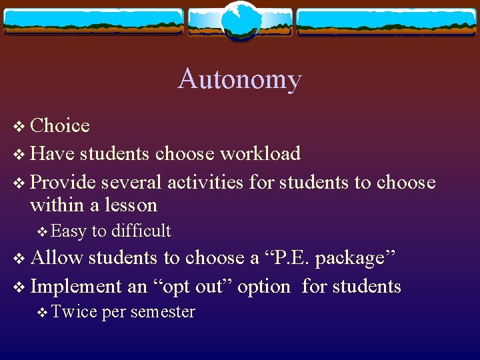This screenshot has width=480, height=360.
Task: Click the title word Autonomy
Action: [x=239, y=79]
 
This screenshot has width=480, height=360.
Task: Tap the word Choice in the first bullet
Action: [x=60, y=125]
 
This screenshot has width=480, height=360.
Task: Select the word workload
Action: [x=260, y=154]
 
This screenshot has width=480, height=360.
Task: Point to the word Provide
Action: [x=63, y=182]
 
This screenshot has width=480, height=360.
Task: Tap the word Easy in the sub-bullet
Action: [x=68, y=231]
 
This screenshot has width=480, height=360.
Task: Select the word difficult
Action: [x=141, y=231]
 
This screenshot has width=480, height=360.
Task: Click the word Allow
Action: [x=57, y=258]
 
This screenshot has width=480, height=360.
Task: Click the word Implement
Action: [x=76, y=287]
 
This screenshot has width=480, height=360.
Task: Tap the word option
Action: [x=264, y=287]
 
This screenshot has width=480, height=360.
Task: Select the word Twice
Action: [x=73, y=312]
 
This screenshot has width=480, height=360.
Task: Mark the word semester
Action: [x=163, y=312]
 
